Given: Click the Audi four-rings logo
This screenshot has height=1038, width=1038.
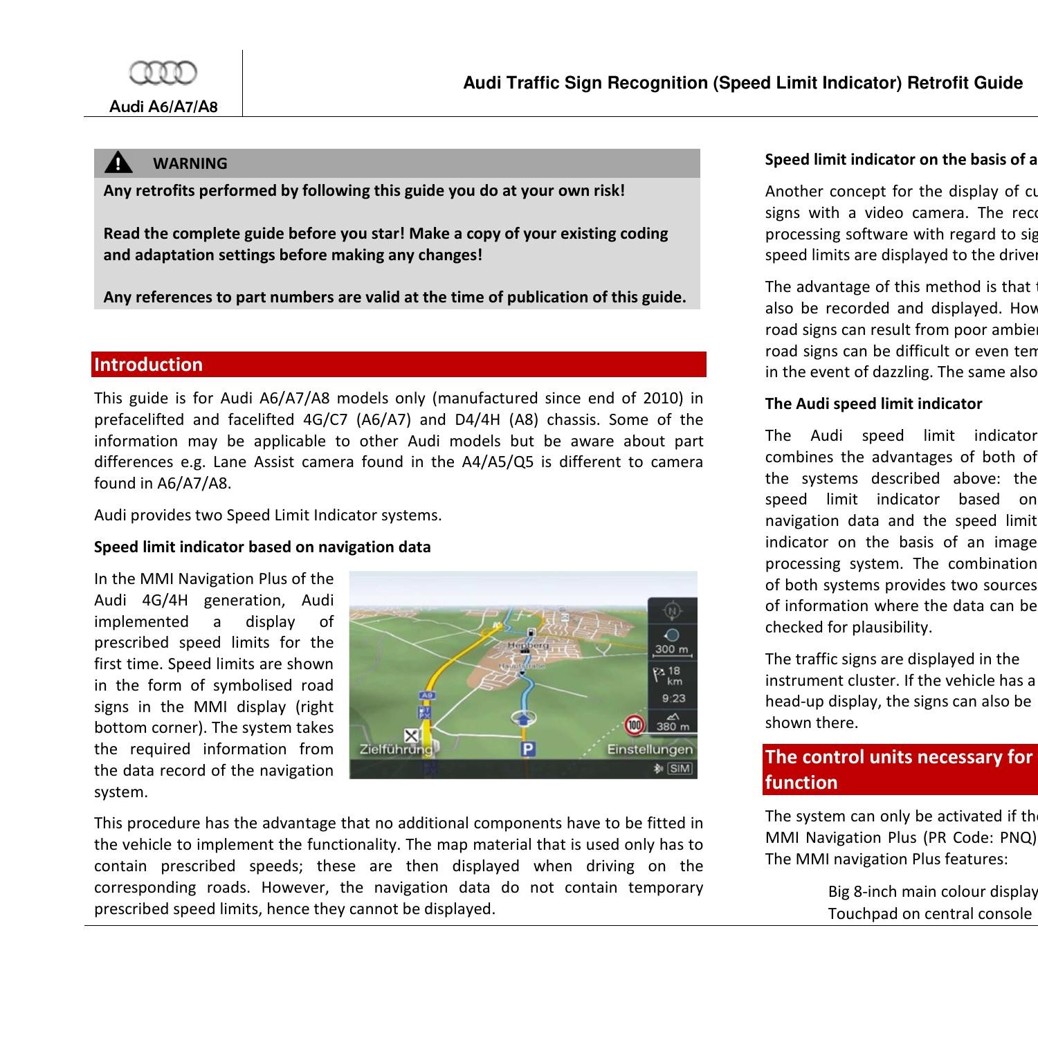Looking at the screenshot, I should click(x=163, y=72).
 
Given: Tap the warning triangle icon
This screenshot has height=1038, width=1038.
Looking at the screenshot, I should click(x=118, y=163).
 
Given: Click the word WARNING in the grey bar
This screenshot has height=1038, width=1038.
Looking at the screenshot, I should click(x=190, y=163).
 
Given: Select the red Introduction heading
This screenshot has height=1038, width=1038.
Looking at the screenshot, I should click(x=149, y=365).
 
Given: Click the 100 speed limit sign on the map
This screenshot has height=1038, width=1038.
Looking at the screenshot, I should click(x=634, y=725).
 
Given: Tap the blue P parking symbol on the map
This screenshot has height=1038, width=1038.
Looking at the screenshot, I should click(x=529, y=749).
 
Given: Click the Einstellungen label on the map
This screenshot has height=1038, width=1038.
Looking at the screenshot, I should click(x=649, y=749).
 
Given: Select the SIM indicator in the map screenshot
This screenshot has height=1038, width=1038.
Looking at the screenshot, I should click(x=680, y=768).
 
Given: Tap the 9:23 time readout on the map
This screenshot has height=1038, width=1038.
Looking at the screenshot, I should click(x=673, y=698).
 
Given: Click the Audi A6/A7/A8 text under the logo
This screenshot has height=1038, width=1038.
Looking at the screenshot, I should click(x=163, y=107).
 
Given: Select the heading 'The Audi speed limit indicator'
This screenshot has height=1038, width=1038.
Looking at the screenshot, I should click(x=873, y=403).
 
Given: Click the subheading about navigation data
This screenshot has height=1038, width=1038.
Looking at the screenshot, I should click(x=262, y=547).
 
